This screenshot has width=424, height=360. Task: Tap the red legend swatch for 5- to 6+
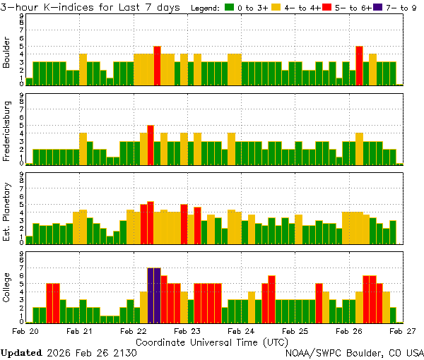click(x=327, y=8)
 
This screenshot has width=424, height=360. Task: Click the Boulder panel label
click(x=7, y=54)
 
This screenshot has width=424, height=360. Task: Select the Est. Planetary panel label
click(x=7, y=211)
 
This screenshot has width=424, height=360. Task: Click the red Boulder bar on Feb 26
click(x=359, y=66)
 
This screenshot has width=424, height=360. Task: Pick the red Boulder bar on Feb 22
click(x=157, y=66)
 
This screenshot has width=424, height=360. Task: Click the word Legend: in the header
click(x=206, y=8)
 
